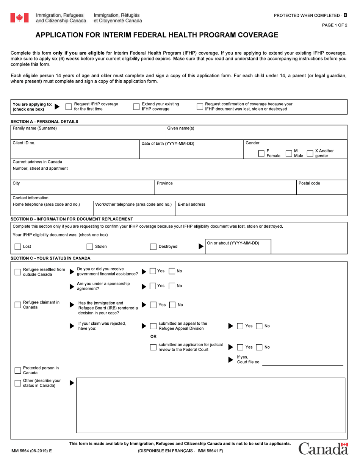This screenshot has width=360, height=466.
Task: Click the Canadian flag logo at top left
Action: coord(19,18)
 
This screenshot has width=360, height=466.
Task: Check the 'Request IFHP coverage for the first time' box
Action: coord(69,107)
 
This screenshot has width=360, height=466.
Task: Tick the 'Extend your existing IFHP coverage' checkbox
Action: coord(136,107)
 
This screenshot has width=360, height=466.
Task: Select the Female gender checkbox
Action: coord(261,153)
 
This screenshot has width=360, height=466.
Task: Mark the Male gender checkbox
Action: coord(289,153)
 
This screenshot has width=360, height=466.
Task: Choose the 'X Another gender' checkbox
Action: coord(310,153)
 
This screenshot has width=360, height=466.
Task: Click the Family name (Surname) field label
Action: coord(35,128)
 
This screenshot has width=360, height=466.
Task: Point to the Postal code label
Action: coord(309,183)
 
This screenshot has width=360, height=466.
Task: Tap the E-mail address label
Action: coord(191,205)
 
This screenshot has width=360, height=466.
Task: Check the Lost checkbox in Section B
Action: coord(18,247)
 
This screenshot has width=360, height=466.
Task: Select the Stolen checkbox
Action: coord(90,247)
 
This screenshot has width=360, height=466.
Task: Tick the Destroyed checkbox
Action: coord(153,247)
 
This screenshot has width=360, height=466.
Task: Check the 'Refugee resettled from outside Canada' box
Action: coord(18,272)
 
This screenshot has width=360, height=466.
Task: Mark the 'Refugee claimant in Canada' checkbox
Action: coord(18,305)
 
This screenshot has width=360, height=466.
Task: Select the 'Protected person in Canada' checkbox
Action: coord(18,371)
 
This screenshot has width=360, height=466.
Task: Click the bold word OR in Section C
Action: coord(153,336)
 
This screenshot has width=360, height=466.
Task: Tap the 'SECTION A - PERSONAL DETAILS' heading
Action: coord(44,122)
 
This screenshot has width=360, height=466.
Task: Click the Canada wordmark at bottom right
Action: coord(323,449)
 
